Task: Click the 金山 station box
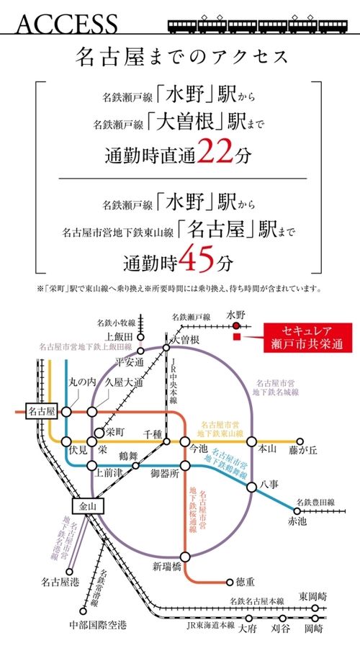tap(87, 506)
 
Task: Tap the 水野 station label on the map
tap(235, 315)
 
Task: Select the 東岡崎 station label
tap(314, 595)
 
